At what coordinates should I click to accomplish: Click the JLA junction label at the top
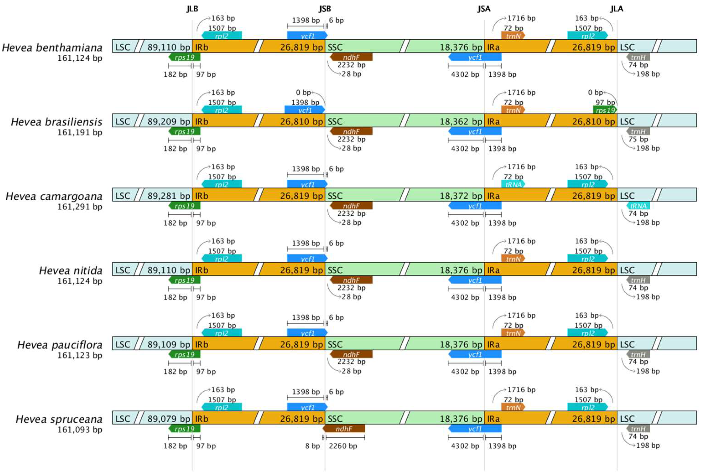(617, 9)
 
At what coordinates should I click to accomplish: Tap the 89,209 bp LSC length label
(169, 121)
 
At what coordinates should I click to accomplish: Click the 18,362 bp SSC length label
(461, 121)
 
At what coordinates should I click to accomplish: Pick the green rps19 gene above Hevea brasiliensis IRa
(605, 110)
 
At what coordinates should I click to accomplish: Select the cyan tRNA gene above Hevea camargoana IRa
(513, 184)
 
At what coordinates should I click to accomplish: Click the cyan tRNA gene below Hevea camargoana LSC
(638, 206)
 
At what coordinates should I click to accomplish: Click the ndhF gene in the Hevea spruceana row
(344, 429)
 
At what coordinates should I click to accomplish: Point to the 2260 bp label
(343, 446)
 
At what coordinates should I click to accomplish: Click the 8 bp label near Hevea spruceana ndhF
(312, 446)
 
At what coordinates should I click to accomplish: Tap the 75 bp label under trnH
(638, 139)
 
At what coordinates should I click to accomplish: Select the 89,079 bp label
(169, 419)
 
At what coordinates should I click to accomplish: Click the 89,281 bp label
(169, 196)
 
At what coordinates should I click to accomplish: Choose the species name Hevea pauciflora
(60, 345)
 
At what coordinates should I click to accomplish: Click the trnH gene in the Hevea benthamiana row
(638, 57)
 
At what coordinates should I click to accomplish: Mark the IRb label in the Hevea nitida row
(202, 270)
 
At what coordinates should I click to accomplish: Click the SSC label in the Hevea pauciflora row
(335, 344)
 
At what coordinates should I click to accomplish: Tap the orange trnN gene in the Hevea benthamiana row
(513, 36)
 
